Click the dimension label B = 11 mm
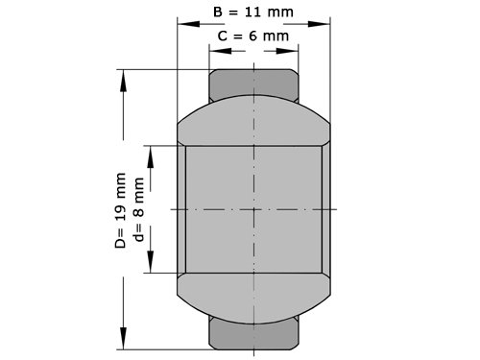click(x=253, y=12)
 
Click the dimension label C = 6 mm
click(x=253, y=36)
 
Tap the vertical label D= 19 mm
click(x=121, y=210)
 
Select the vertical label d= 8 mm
click(x=139, y=209)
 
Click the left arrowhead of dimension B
click(x=188, y=24)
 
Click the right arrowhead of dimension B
click(x=319, y=24)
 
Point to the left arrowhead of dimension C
click(x=220, y=51)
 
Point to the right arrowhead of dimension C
click(x=287, y=51)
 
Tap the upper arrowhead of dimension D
click(x=123, y=81)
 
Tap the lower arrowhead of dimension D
click(x=123, y=338)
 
